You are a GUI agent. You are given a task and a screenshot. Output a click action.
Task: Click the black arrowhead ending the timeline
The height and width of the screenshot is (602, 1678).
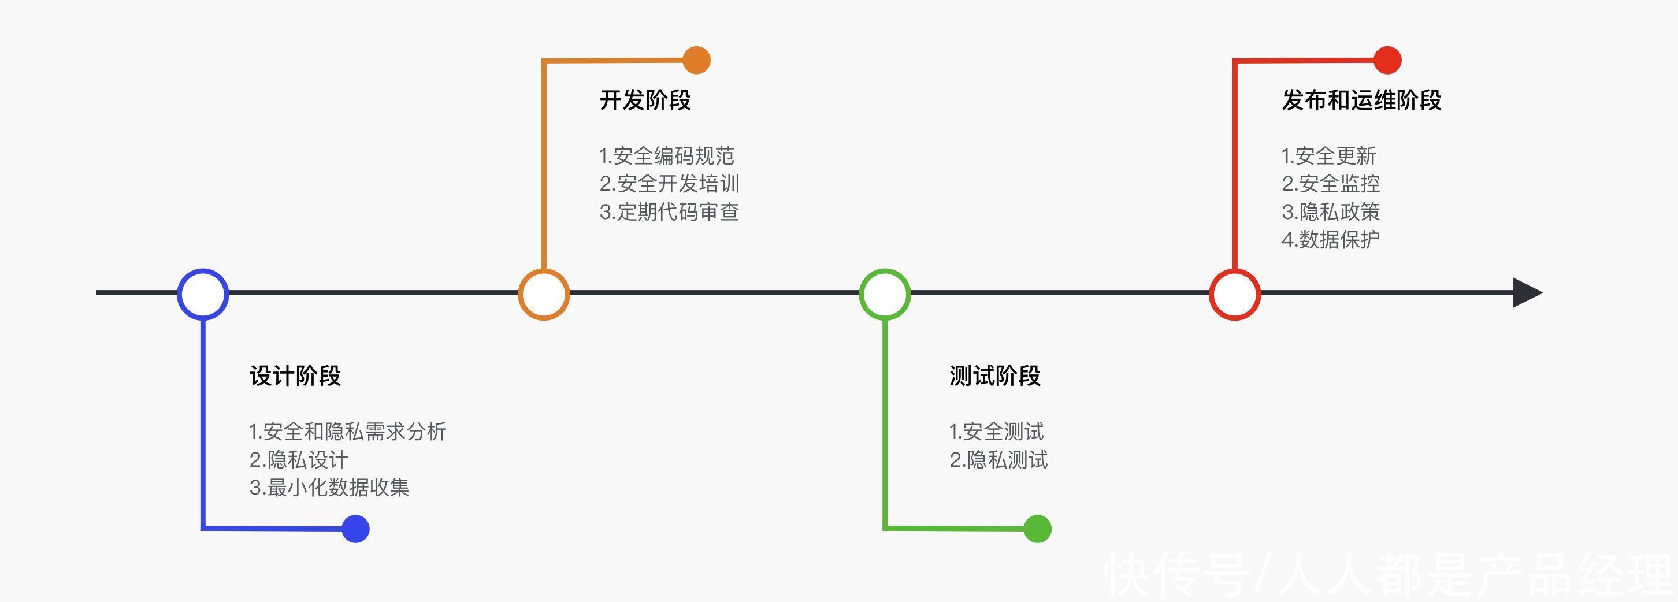click(1527, 292)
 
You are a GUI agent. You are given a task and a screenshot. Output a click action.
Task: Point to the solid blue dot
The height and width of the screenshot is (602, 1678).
click(356, 529)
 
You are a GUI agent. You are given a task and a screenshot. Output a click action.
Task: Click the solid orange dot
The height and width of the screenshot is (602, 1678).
click(696, 61)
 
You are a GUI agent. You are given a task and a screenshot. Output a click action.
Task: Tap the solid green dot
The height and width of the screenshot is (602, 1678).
click(1037, 529)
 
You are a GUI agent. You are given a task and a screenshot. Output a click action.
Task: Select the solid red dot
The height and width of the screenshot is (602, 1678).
click(1387, 61)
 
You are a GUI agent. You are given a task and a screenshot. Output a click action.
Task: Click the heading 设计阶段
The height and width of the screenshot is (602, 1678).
click(295, 376)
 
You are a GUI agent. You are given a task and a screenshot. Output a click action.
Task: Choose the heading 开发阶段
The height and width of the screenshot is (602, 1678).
click(645, 101)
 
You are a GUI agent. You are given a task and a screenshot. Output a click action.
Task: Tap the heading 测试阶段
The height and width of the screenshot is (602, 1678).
click(994, 376)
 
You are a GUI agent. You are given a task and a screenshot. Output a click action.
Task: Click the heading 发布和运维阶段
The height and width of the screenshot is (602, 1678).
click(1361, 101)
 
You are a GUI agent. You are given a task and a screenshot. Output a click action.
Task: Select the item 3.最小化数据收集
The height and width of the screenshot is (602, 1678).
click(329, 488)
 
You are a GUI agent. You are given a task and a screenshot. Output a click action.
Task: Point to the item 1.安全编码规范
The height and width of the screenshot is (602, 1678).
click(666, 156)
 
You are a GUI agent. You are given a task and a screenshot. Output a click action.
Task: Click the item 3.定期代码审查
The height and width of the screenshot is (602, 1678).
click(669, 212)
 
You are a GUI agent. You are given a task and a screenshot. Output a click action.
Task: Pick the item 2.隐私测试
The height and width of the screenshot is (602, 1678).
click(998, 460)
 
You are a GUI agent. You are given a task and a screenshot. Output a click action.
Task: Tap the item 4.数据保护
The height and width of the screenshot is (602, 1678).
click(1331, 240)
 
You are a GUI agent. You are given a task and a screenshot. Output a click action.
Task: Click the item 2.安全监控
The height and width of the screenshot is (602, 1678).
click(1331, 184)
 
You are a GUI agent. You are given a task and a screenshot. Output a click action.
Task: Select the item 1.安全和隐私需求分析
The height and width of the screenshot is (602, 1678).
click(347, 432)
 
